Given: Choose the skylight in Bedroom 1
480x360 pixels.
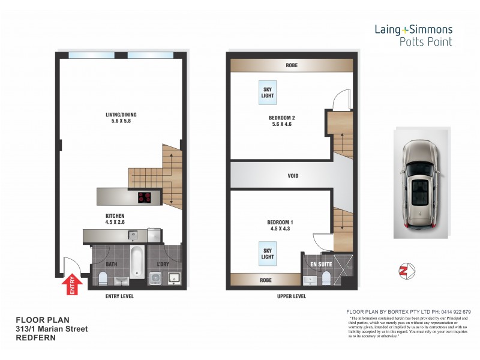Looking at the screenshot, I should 267,253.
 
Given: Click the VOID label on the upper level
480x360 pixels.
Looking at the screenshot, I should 292,176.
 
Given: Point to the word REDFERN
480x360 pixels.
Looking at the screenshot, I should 36,338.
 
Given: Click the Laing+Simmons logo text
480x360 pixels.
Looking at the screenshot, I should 413,29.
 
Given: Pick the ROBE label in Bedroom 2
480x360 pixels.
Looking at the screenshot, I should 292,65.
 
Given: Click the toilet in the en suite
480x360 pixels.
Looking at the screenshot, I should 326,278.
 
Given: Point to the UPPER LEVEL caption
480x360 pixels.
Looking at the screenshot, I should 292,296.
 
